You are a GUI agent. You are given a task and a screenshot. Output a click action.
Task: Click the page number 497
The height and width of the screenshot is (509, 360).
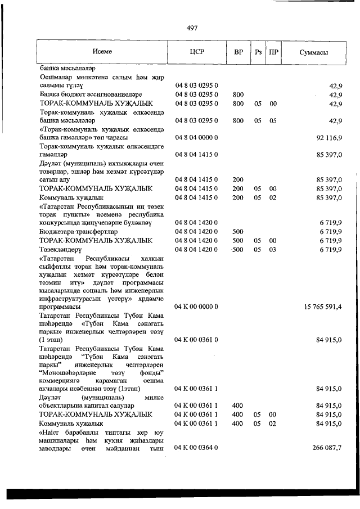coord(191,28)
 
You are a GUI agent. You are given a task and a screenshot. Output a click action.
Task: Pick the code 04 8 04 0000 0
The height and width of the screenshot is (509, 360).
coord(196,137)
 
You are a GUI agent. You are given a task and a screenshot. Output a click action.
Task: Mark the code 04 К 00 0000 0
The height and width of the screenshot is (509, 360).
coord(196,307)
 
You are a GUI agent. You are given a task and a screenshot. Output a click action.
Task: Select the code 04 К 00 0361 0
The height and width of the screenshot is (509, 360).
coord(196,340)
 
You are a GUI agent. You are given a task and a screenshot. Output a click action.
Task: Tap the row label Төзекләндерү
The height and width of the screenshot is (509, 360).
coord(61,249)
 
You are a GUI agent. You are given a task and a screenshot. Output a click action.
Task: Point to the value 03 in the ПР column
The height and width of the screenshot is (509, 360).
coord(273,249)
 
